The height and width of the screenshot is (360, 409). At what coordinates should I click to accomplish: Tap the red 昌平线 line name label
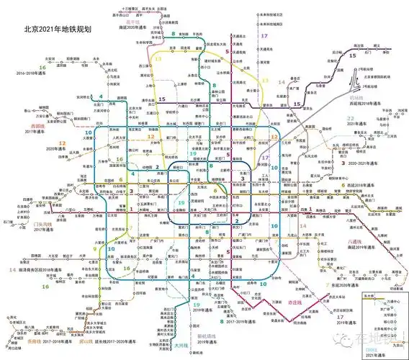pos(132,22)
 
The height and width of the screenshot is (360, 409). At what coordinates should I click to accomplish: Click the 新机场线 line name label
pos(205,336)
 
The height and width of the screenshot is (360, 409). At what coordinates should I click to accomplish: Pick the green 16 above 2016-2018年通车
pos(43,67)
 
